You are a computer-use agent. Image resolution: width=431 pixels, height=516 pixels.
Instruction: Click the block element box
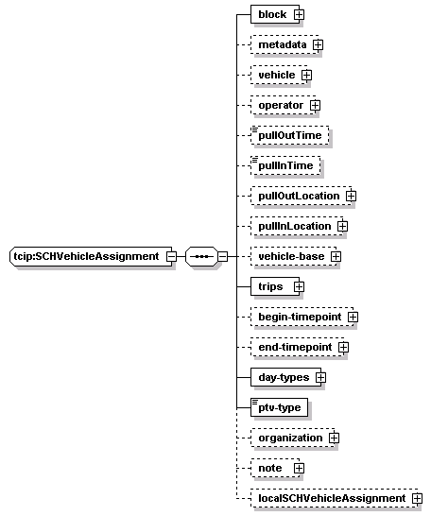coord(275,14)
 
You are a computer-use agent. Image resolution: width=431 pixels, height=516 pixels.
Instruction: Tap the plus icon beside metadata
coord(318,44)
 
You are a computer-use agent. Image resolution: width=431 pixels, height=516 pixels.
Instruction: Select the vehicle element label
coord(277,75)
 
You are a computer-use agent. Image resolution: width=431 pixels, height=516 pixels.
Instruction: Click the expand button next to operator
coord(315,105)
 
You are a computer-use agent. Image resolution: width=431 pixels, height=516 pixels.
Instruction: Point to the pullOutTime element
coord(290,135)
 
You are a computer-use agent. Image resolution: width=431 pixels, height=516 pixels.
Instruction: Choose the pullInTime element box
coord(285,165)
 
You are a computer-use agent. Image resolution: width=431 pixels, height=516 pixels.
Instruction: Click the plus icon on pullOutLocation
coord(351,197)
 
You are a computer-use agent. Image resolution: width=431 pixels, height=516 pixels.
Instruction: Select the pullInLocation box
coord(297,226)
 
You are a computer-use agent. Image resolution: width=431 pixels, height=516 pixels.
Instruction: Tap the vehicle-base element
coord(293,256)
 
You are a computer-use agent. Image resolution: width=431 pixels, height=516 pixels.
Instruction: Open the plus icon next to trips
coord(299,286)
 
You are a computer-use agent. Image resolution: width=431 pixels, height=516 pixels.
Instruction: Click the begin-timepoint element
coord(302,317)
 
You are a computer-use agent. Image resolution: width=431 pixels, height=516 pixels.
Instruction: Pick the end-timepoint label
coord(295,347)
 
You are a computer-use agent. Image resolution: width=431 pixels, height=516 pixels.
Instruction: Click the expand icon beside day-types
coord(320,377)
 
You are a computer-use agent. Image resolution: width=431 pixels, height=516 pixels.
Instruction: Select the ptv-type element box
coord(280,407)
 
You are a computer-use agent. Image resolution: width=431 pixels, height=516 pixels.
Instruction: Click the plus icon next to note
coord(299,469)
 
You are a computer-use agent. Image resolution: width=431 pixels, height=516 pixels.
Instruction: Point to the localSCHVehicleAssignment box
coord(335,498)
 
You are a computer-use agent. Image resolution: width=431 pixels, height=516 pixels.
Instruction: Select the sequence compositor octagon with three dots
coord(201,256)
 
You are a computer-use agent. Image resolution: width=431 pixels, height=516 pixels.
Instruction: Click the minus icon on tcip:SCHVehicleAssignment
coord(171,256)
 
